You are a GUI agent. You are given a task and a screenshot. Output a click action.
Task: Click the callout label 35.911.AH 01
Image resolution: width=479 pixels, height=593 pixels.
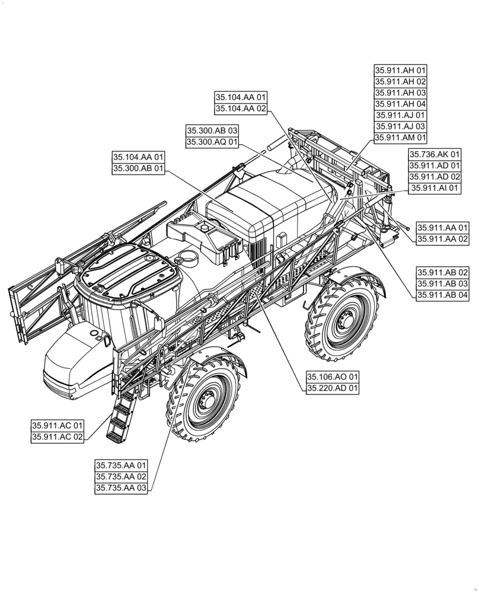[401, 70]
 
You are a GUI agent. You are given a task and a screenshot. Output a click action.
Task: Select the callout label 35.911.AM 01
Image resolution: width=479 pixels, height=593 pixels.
[401, 138]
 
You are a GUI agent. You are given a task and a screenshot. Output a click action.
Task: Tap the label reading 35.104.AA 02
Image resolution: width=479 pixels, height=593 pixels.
[241, 109]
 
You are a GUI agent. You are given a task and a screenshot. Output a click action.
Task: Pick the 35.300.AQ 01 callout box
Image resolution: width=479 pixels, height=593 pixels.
[212, 142]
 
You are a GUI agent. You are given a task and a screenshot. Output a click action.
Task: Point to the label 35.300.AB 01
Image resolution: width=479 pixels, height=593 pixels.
[138, 169]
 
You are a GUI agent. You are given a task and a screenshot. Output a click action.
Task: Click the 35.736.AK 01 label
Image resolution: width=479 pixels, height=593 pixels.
[435, 154]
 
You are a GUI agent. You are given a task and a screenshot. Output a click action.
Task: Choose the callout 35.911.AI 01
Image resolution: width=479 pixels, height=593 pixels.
[435, 188]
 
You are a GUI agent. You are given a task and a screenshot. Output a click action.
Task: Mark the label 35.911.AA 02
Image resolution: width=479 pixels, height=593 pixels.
[442, 239]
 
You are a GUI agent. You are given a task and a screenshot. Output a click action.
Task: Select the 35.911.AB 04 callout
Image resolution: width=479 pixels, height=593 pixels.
[442, 295]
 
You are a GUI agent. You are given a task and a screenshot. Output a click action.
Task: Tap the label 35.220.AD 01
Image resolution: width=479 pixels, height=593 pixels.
[333, 388]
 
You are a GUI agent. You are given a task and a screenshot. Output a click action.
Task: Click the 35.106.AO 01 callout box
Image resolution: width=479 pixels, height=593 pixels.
[333, 377]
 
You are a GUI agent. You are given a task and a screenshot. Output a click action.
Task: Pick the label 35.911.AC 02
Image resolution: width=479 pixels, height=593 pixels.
[58, 437]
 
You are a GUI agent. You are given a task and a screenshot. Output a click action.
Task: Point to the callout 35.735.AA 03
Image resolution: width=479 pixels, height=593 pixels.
[121, 488]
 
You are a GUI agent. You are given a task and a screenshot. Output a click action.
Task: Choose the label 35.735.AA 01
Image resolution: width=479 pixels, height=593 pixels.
[121, 466]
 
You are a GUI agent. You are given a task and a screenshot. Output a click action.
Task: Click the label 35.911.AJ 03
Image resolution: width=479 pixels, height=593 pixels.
[401, 126]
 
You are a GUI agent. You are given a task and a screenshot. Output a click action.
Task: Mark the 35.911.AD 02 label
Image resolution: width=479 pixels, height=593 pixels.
[435, 177]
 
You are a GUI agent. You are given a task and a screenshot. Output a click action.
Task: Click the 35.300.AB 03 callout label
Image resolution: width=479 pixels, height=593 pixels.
[212, 130]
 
